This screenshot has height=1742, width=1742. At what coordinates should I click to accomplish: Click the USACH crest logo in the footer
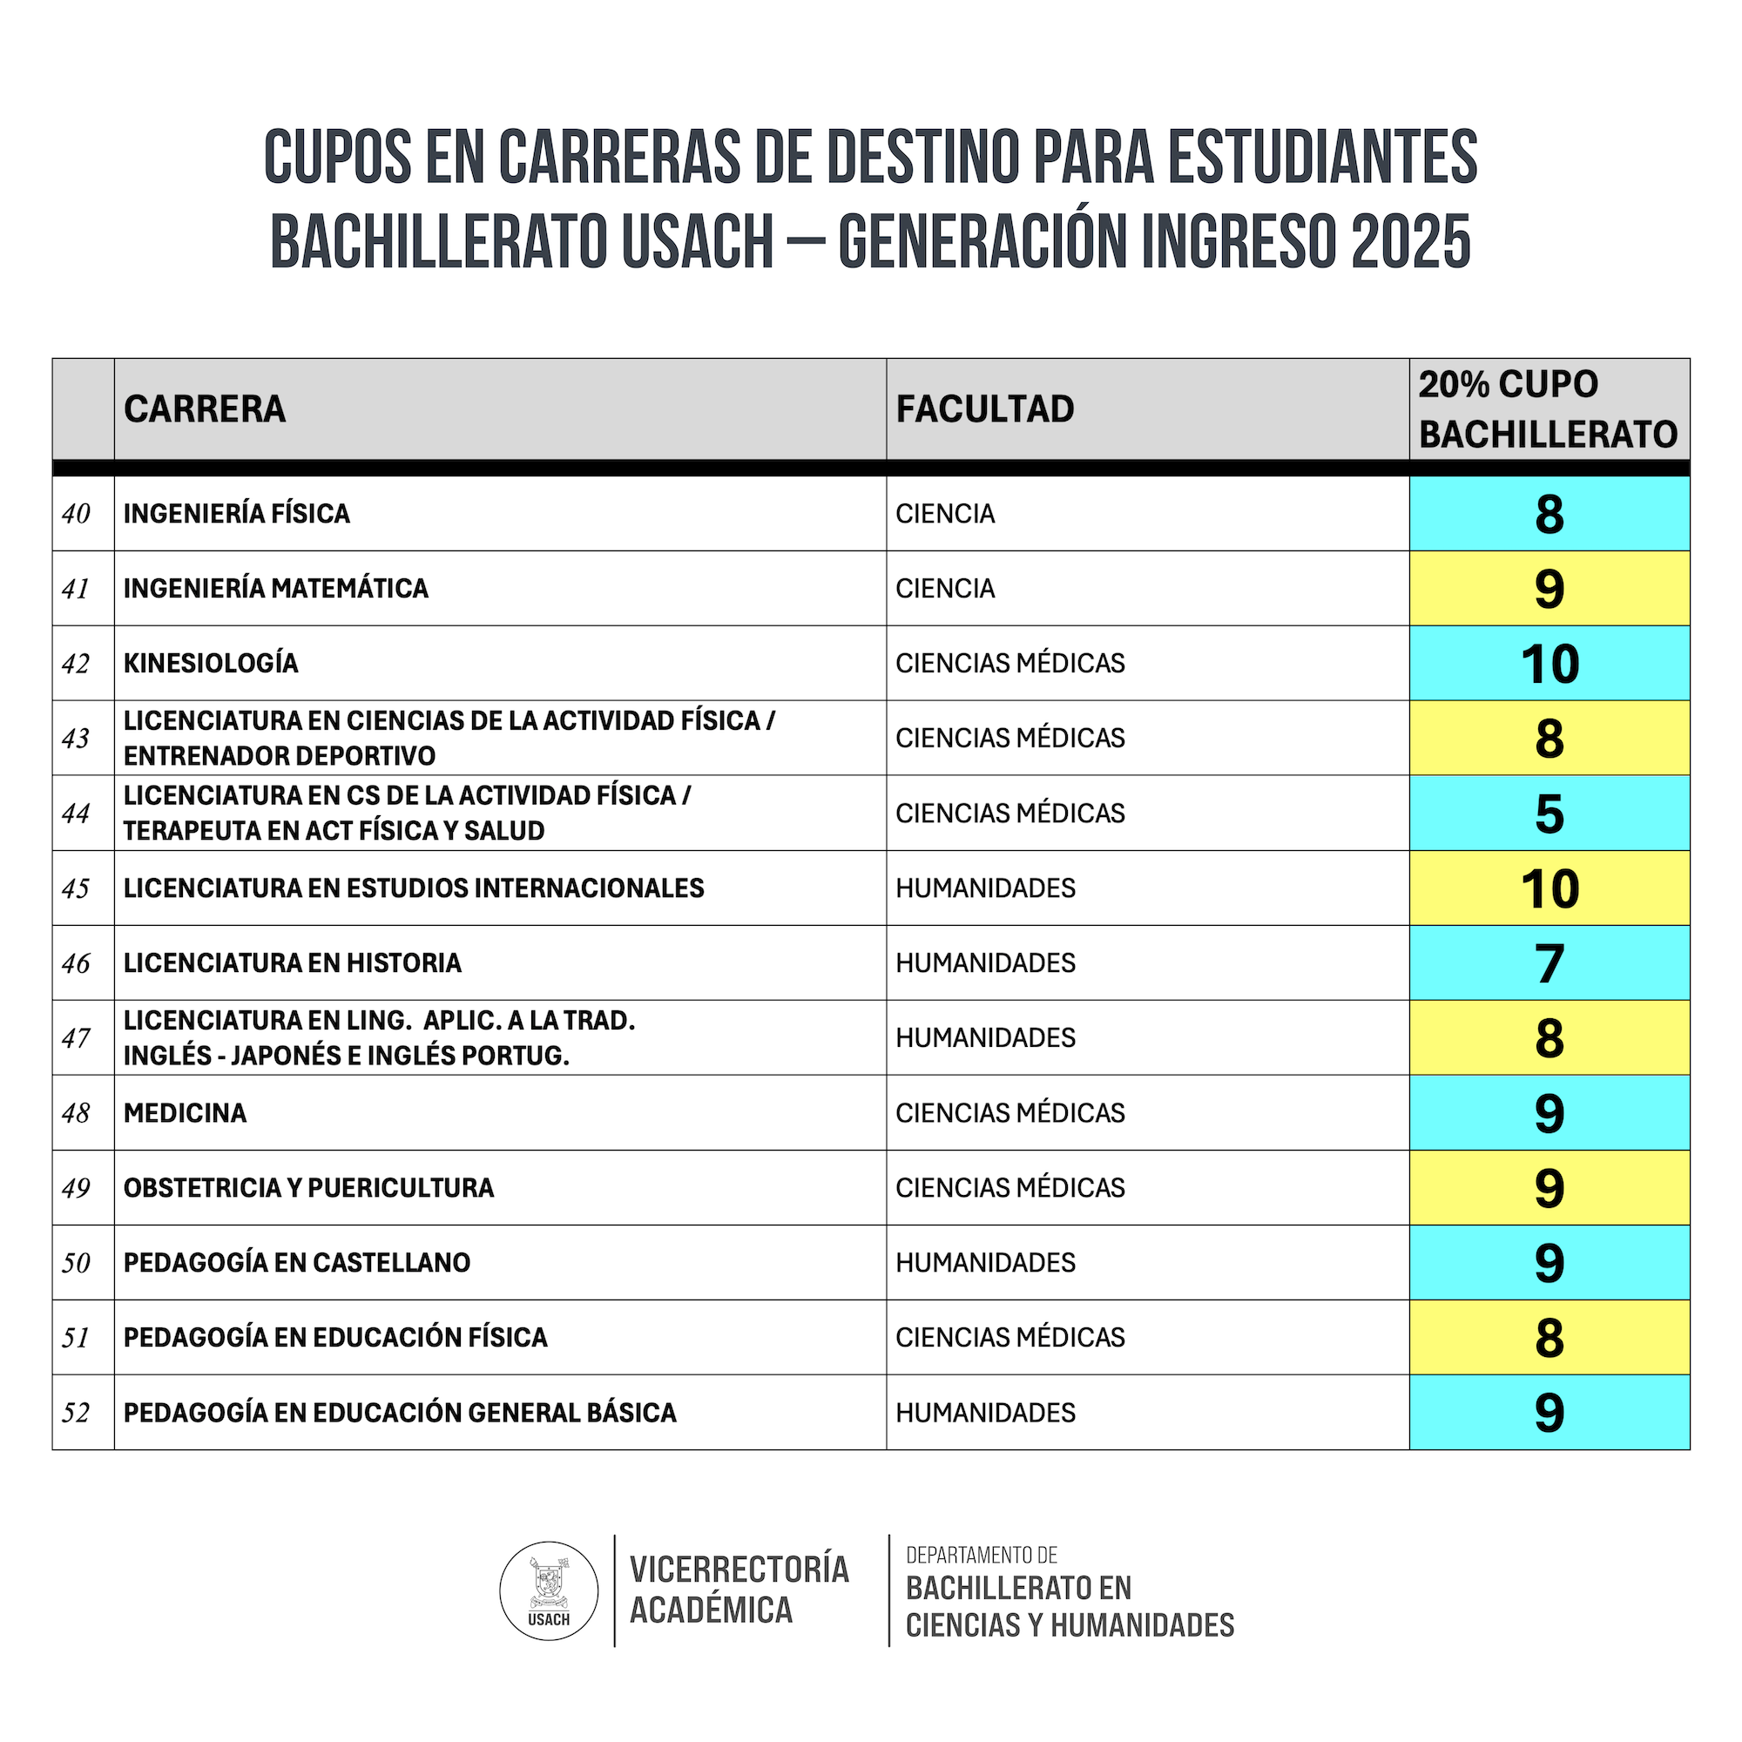point(548,1590)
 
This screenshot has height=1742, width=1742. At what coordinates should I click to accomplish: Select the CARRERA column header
point(205,409)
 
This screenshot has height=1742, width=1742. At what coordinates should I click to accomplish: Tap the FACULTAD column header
point(984,409)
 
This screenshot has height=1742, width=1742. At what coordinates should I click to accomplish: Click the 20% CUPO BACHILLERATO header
point(1547,409)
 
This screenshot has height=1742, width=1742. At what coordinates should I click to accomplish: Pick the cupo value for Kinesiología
point(1549,664)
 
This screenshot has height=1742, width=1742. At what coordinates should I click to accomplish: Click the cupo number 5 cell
point(1549,814)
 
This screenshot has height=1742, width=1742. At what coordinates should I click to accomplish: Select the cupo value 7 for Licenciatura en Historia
point(1549,963)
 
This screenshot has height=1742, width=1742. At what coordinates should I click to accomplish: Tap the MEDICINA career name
point(185,1112)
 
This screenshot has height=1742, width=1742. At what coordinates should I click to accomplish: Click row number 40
point(77,514)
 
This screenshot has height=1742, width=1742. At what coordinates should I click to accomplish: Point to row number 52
point(77,1412)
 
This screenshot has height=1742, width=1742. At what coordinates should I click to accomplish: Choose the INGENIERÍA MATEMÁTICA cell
point(276,589)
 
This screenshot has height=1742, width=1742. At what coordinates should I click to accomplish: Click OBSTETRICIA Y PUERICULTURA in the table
point(308,1187)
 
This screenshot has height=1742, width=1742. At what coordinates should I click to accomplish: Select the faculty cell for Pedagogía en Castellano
point(985,1262)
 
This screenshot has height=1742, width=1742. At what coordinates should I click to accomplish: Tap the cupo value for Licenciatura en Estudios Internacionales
point(1549,888)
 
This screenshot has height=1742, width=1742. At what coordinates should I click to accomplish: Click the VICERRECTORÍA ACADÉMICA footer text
point(739,1590)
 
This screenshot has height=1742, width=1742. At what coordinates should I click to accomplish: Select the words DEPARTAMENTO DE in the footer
point(981,1556)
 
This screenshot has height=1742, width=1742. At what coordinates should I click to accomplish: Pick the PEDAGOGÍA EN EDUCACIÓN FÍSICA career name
point(335,1337)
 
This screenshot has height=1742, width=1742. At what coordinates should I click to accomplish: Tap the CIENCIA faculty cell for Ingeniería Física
point(945,514)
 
